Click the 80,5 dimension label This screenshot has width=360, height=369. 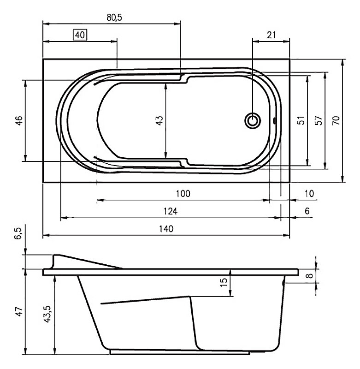(x=114, y=18)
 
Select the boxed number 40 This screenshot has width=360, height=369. (x=80, y=35)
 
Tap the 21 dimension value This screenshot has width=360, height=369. (x=271, y=35)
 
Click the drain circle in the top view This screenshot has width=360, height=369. (x=253, y=121)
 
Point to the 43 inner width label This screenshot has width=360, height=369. (x=159, y=120)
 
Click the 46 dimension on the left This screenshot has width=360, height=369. (x=19, y=120)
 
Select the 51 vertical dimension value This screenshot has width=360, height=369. (x=301, y=120)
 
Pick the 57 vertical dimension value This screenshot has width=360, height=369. (x=318, y=120)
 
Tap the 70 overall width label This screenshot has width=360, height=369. (x=336, y=120)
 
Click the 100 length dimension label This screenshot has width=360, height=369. (x=183, y=193)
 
